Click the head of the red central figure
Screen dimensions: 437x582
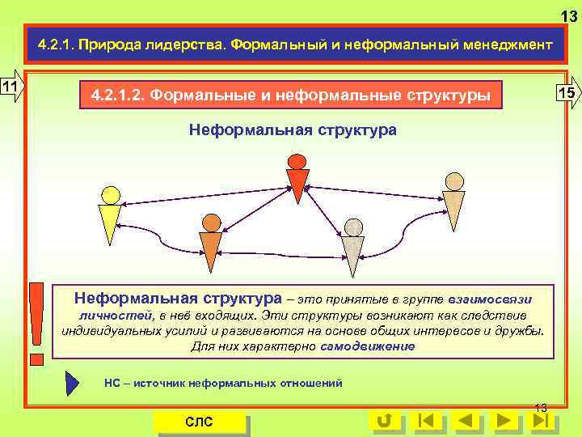click(297, 162)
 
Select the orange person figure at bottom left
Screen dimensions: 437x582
click(210, 243)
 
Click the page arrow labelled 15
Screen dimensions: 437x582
click(568, 92)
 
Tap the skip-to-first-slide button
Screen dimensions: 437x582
click(426, 420)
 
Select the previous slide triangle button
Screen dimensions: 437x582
click(466, 420)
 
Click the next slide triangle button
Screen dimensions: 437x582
click(505, 420)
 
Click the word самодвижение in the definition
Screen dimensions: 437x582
click(367, 346)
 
